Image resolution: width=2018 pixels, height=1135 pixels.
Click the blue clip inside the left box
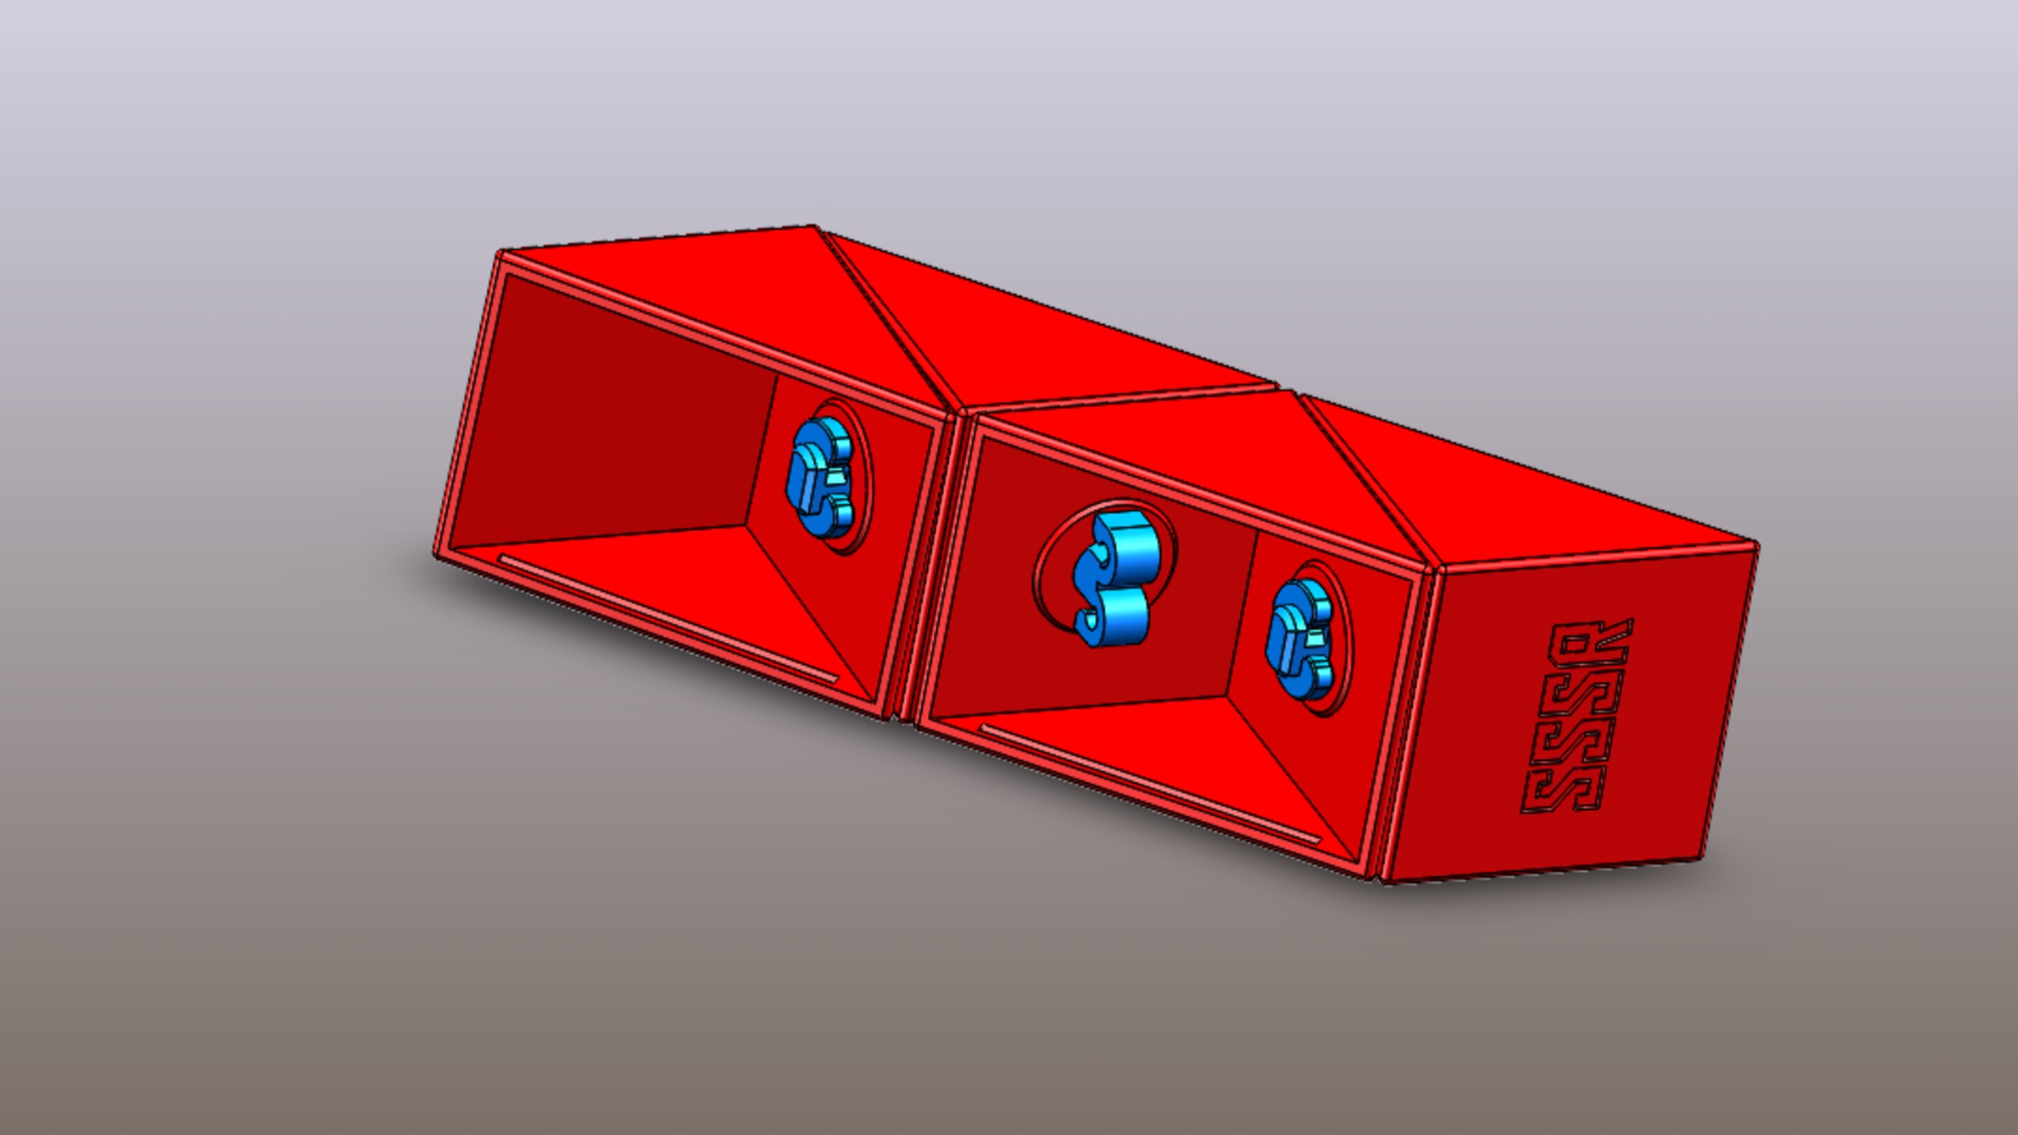click(x=818, y=478)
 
